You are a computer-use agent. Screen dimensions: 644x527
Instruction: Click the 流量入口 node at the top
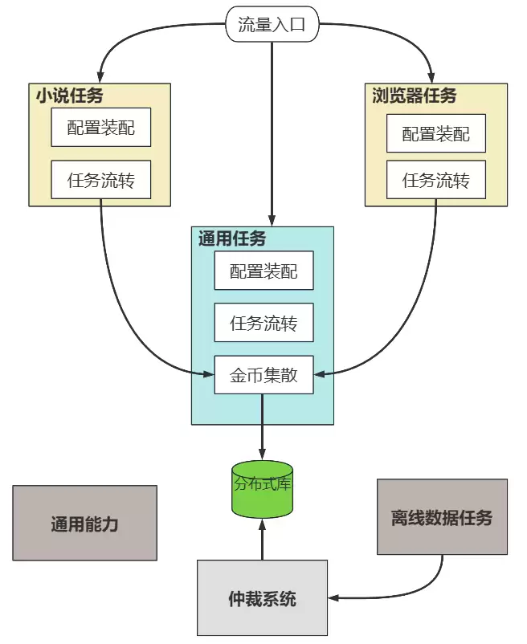[x=272, y=25]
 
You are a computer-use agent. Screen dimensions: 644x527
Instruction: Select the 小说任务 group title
[x=69, y=96]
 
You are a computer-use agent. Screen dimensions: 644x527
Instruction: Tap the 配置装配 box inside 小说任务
[x=100, y=128]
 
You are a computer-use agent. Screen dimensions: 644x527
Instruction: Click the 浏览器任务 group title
[x=415, y=96]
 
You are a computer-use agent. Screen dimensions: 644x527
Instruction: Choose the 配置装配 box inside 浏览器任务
[x=436, y=133]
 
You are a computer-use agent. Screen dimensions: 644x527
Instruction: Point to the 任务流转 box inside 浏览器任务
[x=436, y=180]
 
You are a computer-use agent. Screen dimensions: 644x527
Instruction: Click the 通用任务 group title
[x=232, y=238]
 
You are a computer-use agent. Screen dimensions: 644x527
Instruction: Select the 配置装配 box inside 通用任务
[x=263, y=271]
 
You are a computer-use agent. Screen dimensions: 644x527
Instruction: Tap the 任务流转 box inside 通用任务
[x=263, y=323]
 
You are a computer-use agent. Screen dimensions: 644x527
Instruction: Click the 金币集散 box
[x=263, y=374]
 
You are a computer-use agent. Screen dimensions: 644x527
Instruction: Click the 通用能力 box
[x=84, y=523]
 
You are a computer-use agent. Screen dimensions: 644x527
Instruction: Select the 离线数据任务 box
[x=442, y=516]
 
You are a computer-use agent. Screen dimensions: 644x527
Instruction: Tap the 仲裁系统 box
[x=262, y=598]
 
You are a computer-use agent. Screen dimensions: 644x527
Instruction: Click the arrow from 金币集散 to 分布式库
[x=263, y=426]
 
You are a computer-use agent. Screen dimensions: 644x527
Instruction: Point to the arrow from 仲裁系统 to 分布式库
[x=262, y=538]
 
